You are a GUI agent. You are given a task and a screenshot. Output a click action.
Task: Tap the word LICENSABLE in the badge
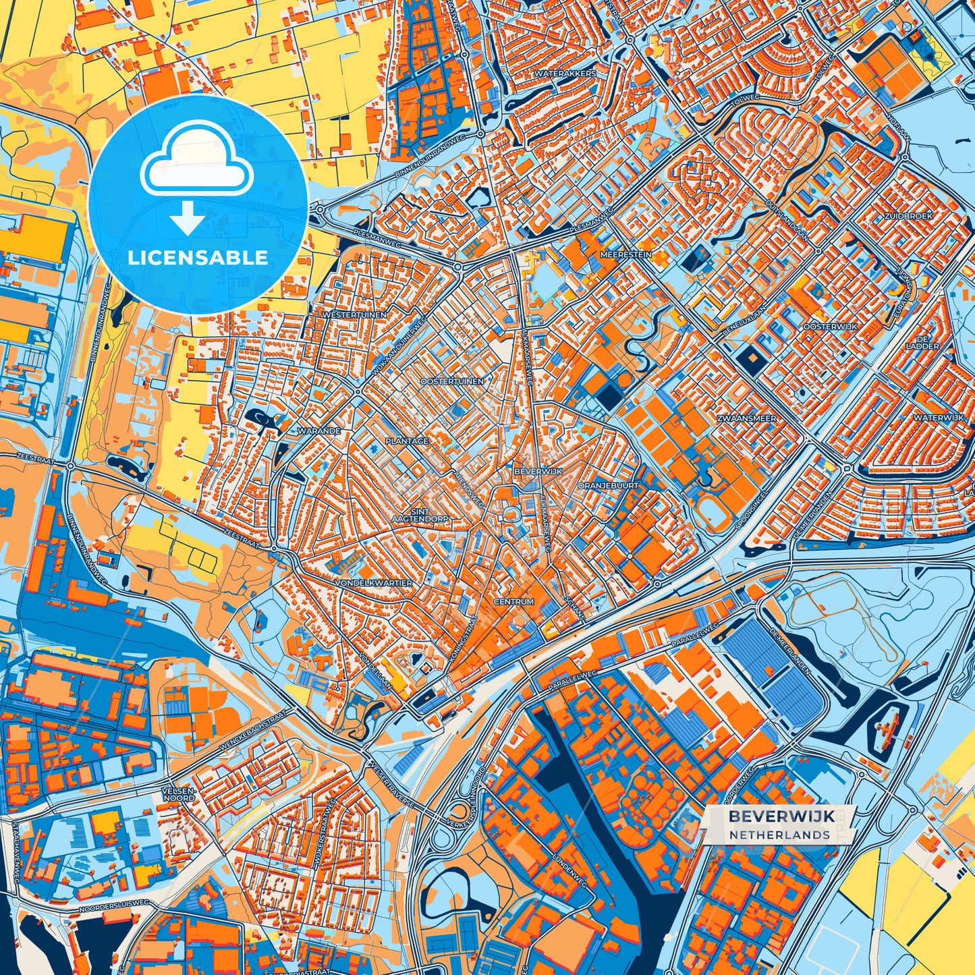tap(198, 257)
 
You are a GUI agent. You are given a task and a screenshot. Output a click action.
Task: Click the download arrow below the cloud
tap(188, 220)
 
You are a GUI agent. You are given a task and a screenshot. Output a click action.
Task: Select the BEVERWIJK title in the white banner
tap(781, 816)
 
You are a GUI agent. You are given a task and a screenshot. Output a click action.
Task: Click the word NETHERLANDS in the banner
tap(779, 835)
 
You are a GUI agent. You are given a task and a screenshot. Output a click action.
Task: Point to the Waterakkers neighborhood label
tap(565, 73)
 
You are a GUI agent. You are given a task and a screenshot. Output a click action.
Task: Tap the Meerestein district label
tap(626, 255)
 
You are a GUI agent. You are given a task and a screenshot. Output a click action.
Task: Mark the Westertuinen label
tap(354, 315)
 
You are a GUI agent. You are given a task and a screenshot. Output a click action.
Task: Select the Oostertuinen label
tap(451, 381)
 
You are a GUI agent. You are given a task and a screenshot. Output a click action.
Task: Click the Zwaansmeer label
tap(746, 418)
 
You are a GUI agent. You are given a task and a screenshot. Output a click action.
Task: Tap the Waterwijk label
tap(939, 418)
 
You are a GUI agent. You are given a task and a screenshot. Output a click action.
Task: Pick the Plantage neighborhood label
tap(406, 441)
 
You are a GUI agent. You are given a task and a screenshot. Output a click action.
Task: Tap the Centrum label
tap(513, 601)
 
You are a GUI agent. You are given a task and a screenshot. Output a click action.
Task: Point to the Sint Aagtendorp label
tap(420, 515)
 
